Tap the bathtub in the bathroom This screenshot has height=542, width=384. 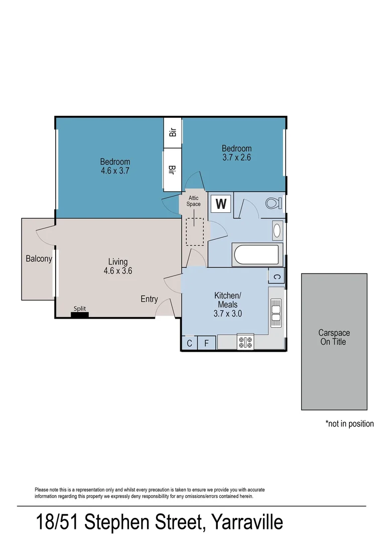click(x=255, y=254)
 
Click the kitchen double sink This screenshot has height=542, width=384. click(x=276, y=309)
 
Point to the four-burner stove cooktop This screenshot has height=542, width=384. click(x=245, y=342)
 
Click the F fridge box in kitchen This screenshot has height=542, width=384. click(x=206, y=343)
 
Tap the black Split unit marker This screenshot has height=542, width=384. click(x=79, y=315)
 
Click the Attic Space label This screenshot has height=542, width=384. click(x=193, y=201)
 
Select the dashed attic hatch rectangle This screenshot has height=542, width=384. click(x=194, y=231)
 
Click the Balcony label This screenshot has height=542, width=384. click(x=39, y=259)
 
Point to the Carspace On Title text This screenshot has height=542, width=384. click(x=334, y=337)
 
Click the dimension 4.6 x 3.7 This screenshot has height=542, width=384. click(x=115, y=171)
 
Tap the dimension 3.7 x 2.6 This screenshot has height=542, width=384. click(x=236, y=157)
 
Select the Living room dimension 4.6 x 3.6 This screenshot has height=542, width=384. click(x=118, y=270)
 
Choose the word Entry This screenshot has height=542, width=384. click(x=149, y=299)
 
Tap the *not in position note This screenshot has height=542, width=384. click(x=349, y=424)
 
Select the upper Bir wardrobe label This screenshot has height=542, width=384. click(x=173, y=132)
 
